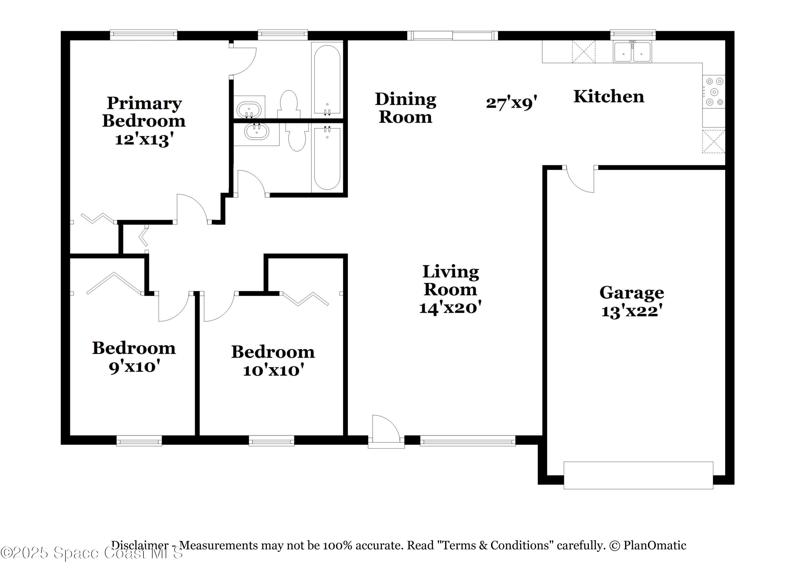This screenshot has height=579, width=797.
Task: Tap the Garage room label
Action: click(x=631, y=293)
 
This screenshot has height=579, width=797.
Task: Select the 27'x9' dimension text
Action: click(x=511, y=103)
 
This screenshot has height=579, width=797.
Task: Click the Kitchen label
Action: click(x=609, y=97)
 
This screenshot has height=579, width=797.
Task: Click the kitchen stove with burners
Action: click(x=714, y=92)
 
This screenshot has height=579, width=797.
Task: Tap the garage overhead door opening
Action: click(x=638, y=475)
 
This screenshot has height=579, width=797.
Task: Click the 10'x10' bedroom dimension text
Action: click(x=273, y=370)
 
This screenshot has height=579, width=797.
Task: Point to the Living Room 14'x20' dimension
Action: click(x=450, y=308)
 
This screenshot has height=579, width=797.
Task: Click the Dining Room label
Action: click(x=405, y=108)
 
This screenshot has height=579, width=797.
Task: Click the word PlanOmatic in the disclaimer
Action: click(x=654, y=545)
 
